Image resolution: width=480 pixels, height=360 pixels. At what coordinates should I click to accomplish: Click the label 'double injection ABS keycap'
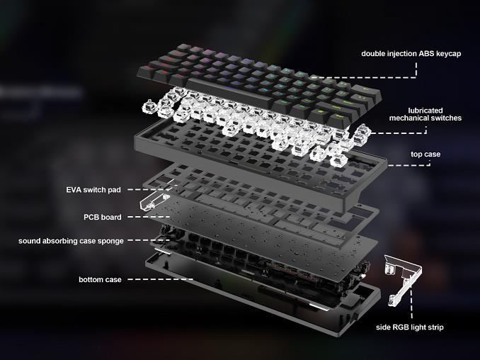click(x=411, y=54)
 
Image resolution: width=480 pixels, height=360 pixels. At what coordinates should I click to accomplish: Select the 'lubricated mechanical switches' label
click(x=425, y=114)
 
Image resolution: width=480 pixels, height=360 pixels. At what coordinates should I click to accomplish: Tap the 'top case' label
click(x=425, y=154)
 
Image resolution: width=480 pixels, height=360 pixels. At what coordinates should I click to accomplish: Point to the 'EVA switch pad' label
click(x=93, y=190)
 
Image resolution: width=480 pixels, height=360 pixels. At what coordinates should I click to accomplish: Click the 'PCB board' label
click(x=103, y=218)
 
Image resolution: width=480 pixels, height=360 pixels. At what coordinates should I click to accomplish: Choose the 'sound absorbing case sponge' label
click(x=71, y=241)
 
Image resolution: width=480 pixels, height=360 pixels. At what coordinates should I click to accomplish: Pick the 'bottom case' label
click(x=100, y=279)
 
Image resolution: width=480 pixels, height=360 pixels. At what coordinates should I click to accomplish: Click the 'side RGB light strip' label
click(x=410, y=327)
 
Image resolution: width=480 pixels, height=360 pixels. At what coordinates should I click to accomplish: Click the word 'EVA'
click(x=74, y=190)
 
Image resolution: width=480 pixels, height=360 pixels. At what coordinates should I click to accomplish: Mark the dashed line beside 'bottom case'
click(x=160, y=279)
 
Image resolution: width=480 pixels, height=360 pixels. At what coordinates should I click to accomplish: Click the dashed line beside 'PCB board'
click(x=149, y=217)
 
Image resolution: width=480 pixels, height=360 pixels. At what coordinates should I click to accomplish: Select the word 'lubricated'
click(x=425, y=111)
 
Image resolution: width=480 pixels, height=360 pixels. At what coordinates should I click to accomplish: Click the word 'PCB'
click(x=91, y=218)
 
